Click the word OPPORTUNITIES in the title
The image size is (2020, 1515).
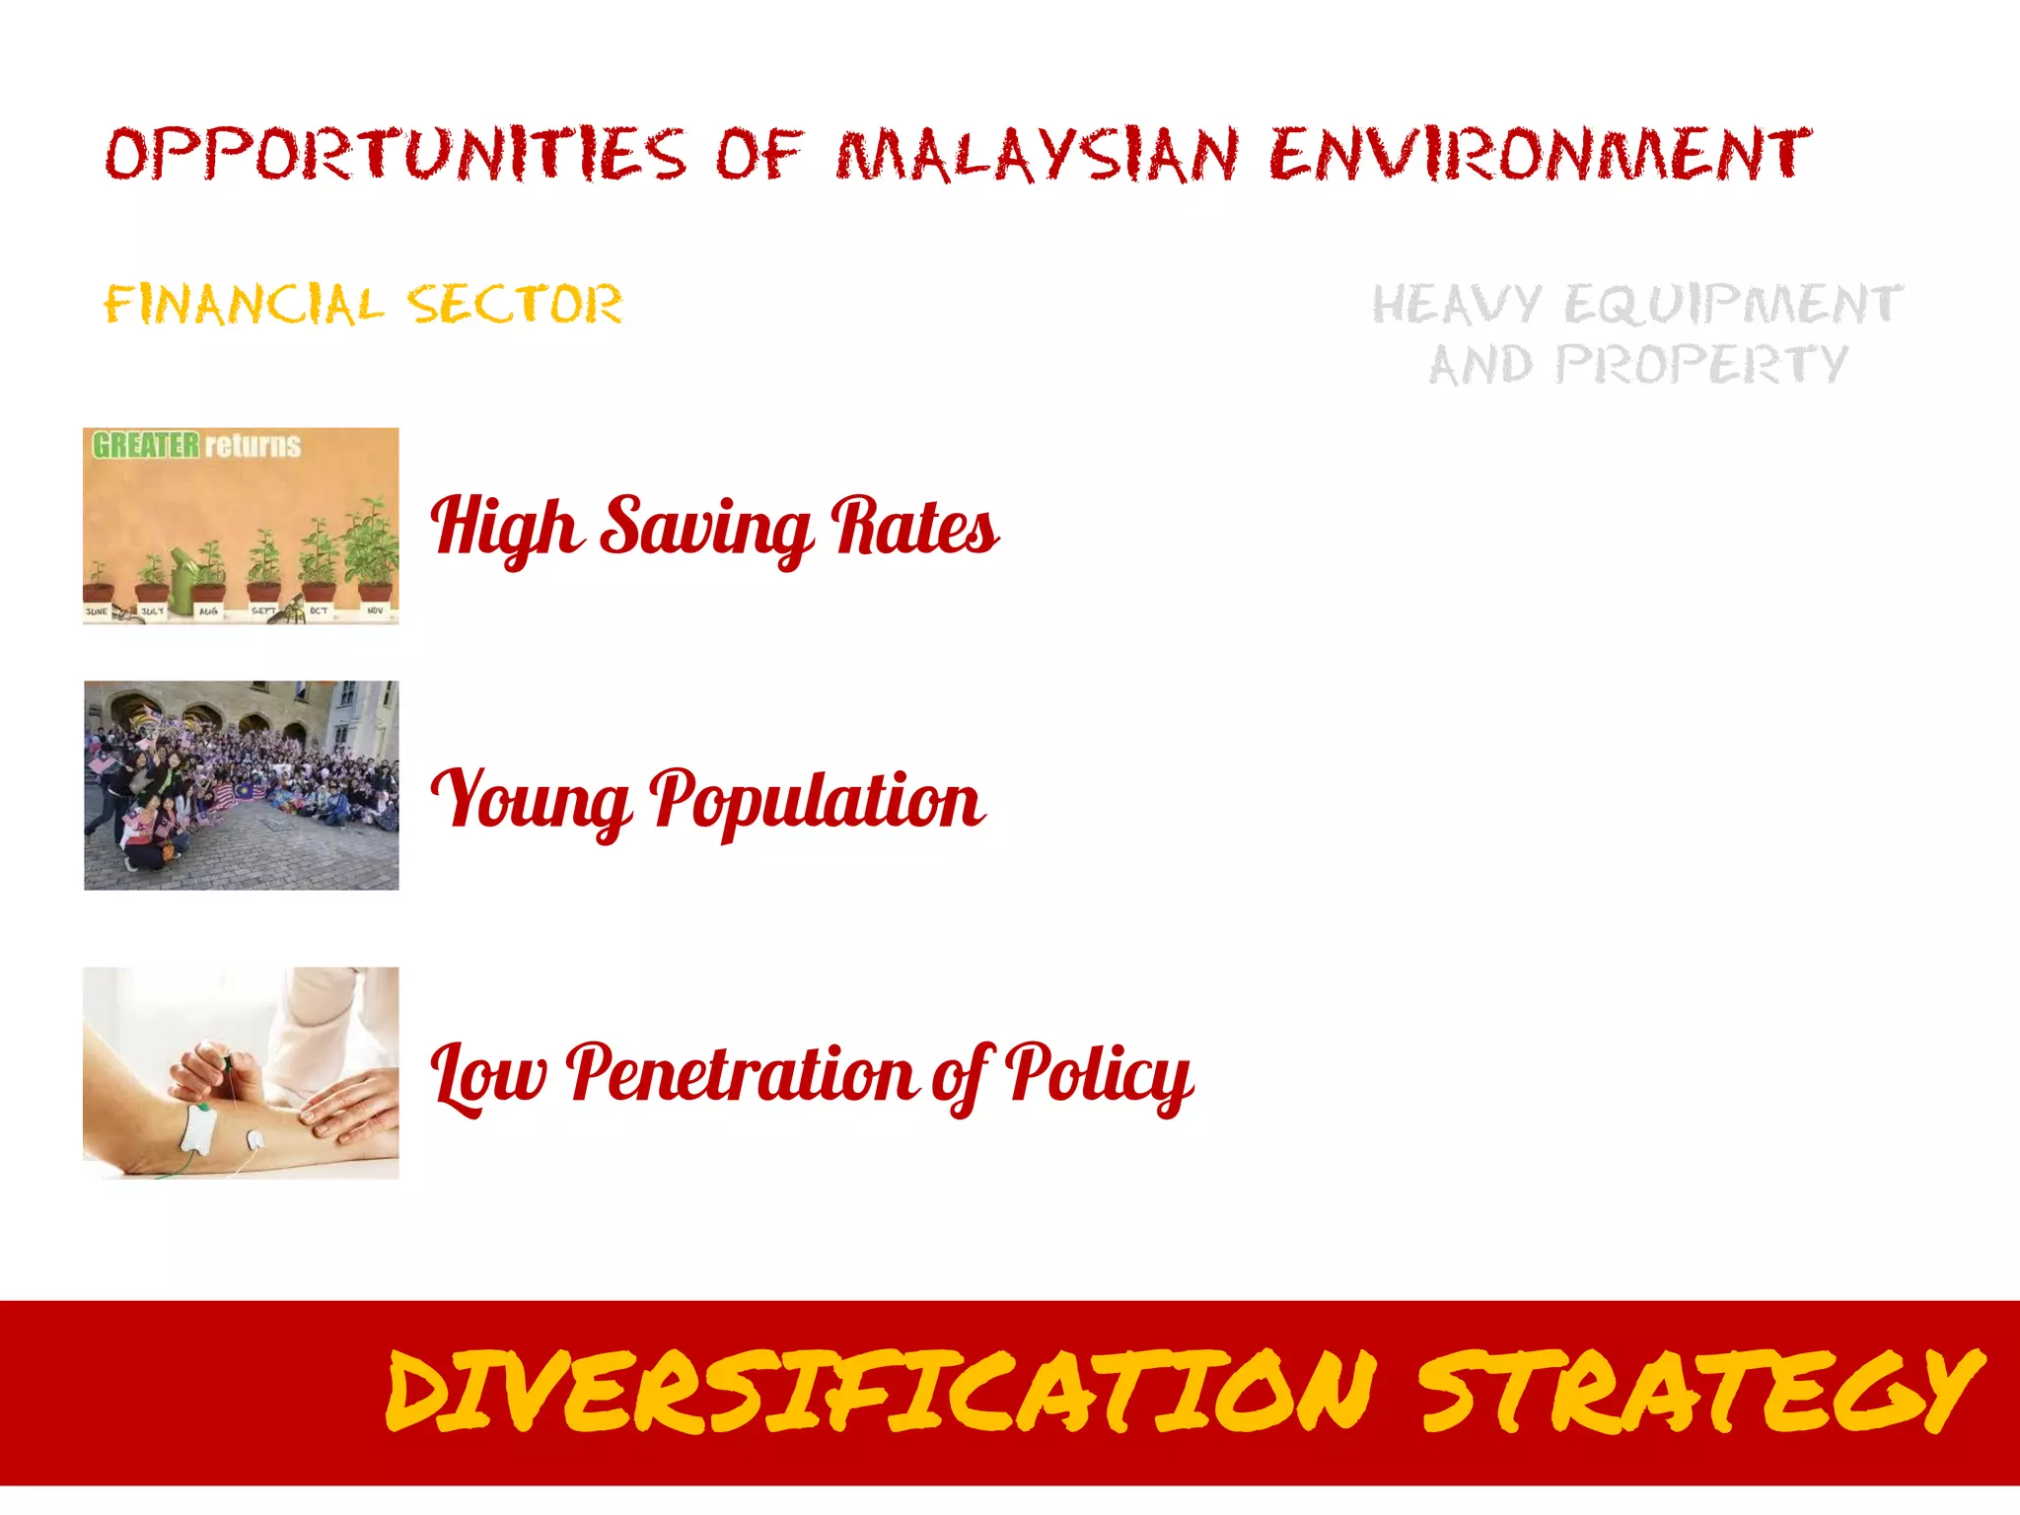click(x=395, y=155)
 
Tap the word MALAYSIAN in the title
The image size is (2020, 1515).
click(x=1037, y=156)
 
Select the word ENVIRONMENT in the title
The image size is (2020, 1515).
click(x=1539, y=155)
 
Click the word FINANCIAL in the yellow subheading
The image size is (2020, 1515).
click(x=243, y=305)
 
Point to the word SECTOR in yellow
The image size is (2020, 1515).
click(x=515, y=304)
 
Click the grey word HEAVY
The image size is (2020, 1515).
click(x=1456, y=304)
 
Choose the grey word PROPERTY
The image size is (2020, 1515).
click(x=1702, y=365)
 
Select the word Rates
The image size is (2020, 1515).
click(x=915, y=528)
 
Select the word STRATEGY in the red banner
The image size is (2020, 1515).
click(x=1700, y=1391)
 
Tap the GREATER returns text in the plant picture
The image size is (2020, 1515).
click(x=196, y=446)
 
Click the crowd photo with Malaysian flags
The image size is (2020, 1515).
click(x=242, y=785)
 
